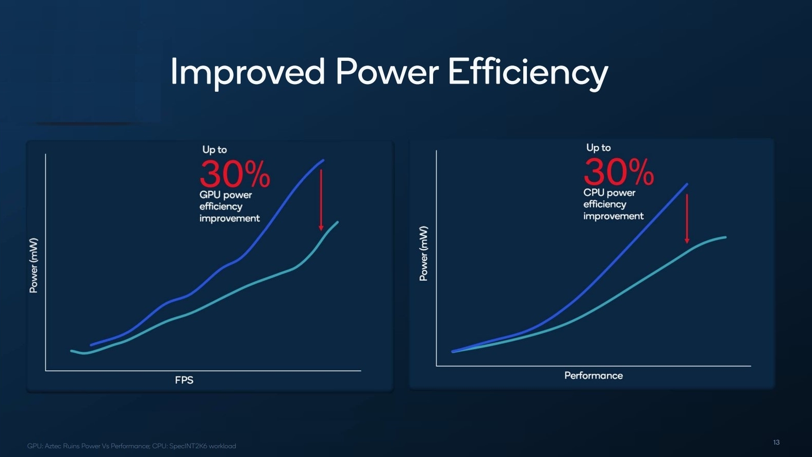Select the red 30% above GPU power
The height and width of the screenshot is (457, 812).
[x=235, y=174]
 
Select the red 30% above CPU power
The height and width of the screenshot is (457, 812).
[x=619, y=172]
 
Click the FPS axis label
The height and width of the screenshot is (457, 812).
[x=184, y=380]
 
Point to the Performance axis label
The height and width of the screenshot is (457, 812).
[x=593, y=376]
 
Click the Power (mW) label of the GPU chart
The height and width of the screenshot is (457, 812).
[x=34, y=265]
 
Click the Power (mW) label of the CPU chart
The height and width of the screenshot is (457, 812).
[x=424, y=254]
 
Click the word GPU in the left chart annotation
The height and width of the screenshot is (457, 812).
[x=210, y=195]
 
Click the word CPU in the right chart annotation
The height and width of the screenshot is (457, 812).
[x=593, y=193]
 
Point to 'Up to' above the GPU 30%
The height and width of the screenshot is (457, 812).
[x=214, y=150]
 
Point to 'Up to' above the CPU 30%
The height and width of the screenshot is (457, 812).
[x=599, y=148]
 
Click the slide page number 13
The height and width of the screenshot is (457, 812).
[x=776, y=443]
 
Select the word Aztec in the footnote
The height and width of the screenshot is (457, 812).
[x=53, y=446]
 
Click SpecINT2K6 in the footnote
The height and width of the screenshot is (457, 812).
[x=188, y=446]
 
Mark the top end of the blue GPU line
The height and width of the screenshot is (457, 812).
[x=323, y=160]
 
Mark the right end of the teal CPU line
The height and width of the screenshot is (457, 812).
[x=725, y=237]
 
